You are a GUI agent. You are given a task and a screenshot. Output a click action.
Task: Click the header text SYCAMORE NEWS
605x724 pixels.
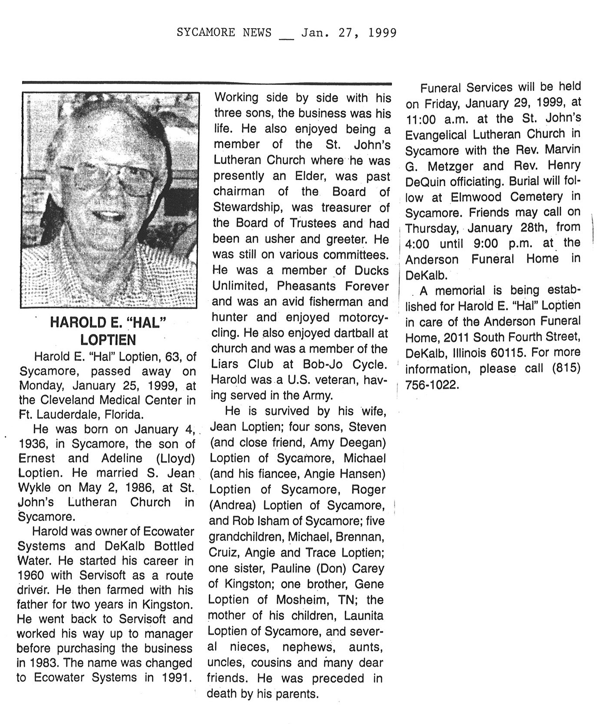tap(224, 32)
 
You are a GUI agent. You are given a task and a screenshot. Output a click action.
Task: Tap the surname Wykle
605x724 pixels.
tap(34, 488)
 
